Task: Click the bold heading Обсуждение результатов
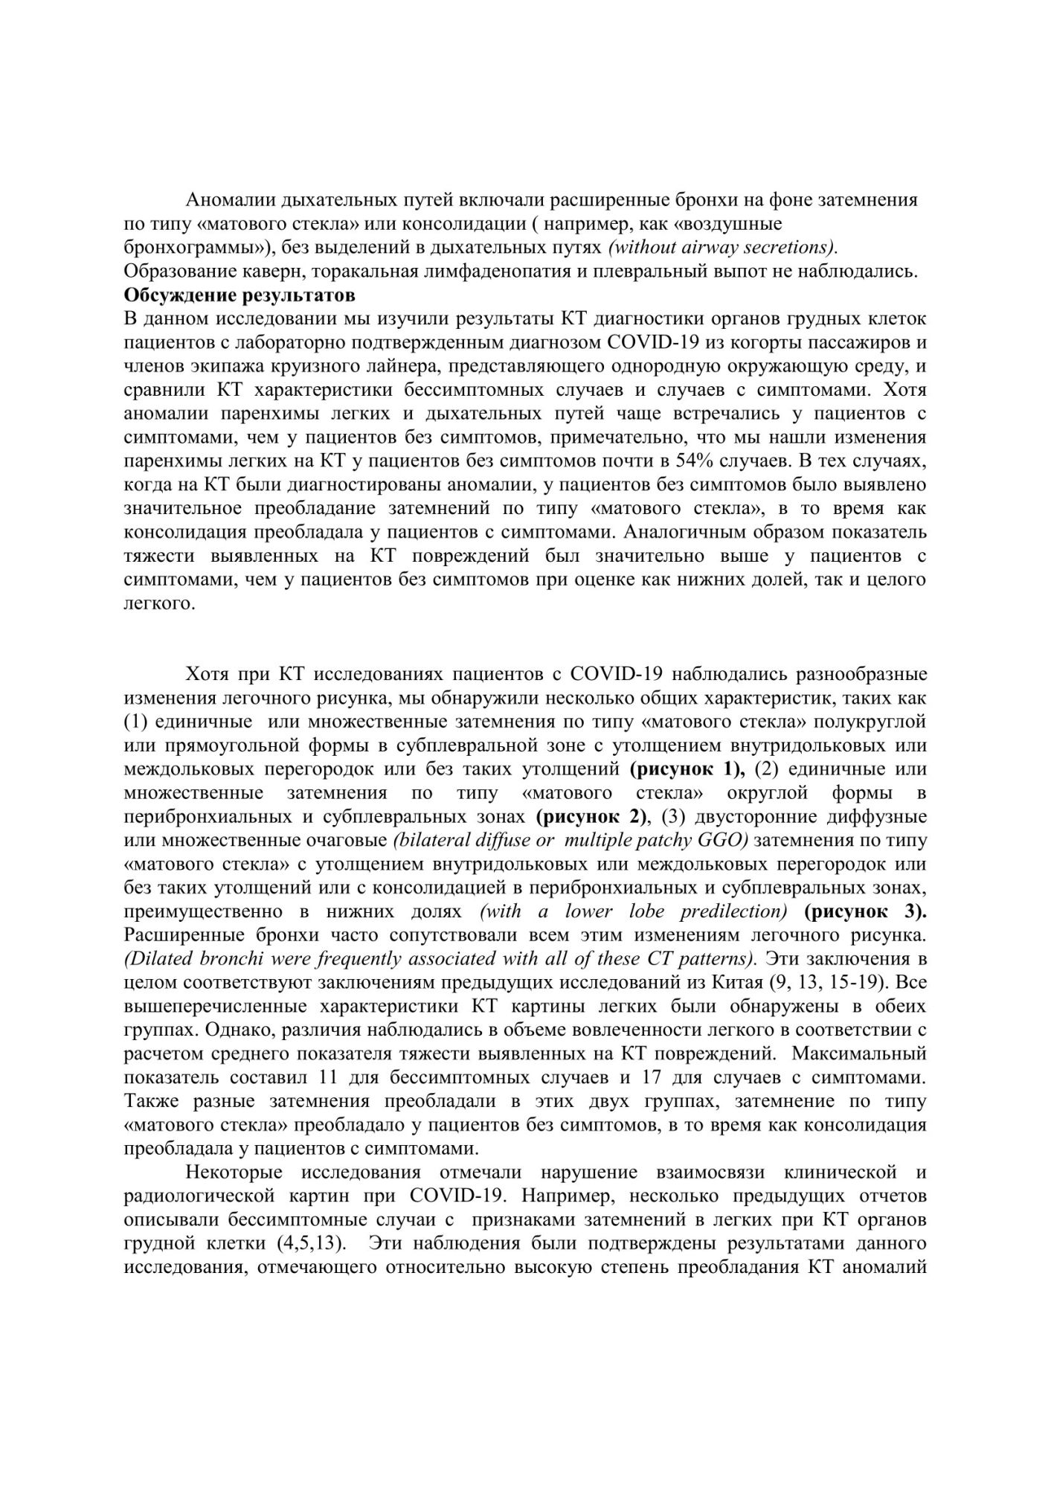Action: click(x=239, y=295)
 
